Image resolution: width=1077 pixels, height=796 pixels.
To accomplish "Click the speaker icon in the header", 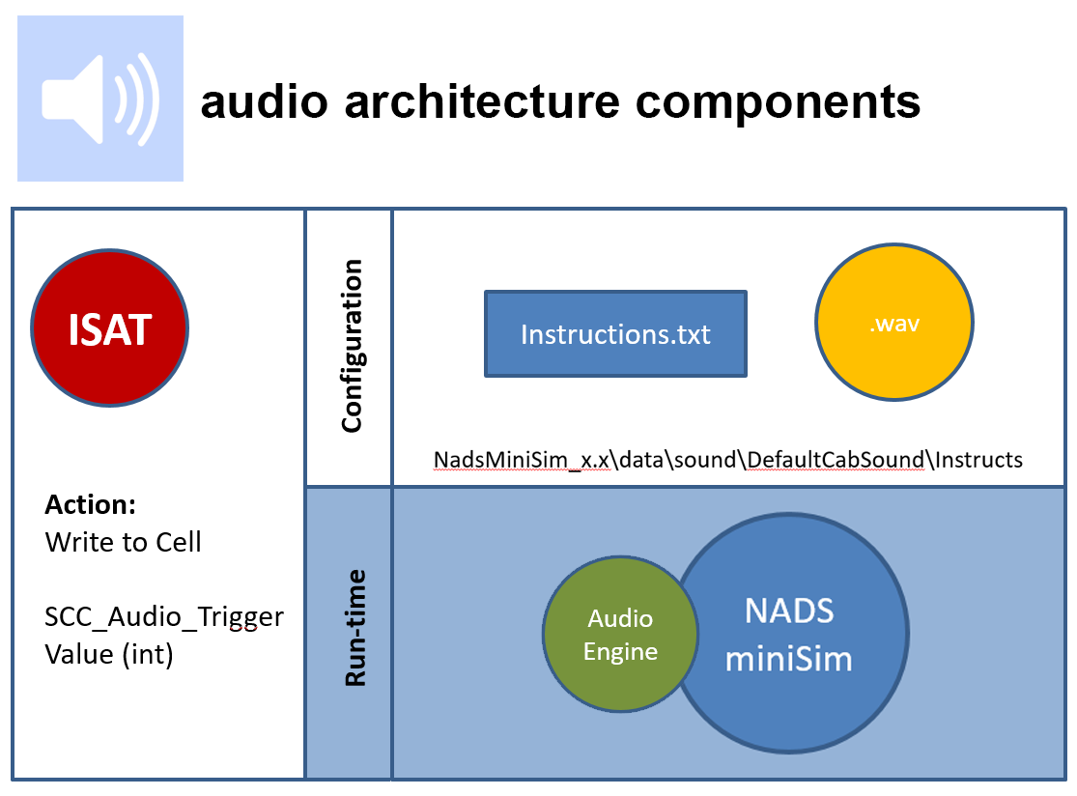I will point(100,99).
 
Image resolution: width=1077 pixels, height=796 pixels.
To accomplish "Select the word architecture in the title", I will point(479,101).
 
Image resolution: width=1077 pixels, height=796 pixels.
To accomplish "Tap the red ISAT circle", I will point(110,329).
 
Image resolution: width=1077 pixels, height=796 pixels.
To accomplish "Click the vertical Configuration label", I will point(352,345).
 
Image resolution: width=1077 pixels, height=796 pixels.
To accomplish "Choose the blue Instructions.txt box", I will point(615,334).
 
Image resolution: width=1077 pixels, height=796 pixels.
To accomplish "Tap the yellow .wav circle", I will point(894,325).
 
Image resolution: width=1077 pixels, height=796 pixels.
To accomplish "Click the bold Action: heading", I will point(91,505).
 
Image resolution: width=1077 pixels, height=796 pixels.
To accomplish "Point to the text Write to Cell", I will point(124,542).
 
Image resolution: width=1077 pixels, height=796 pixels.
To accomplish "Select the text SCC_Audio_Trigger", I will point(164,616).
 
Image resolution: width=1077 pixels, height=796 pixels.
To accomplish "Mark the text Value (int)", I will point(109,654).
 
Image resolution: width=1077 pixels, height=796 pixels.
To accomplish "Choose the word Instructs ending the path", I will point(979,459).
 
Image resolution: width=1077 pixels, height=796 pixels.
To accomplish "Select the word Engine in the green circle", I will point(621,652).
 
